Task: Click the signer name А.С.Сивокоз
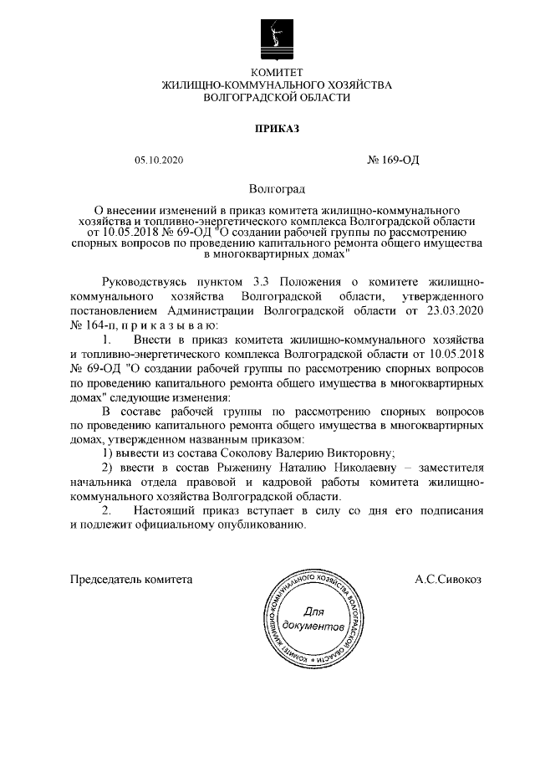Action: (x=448, y=578)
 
